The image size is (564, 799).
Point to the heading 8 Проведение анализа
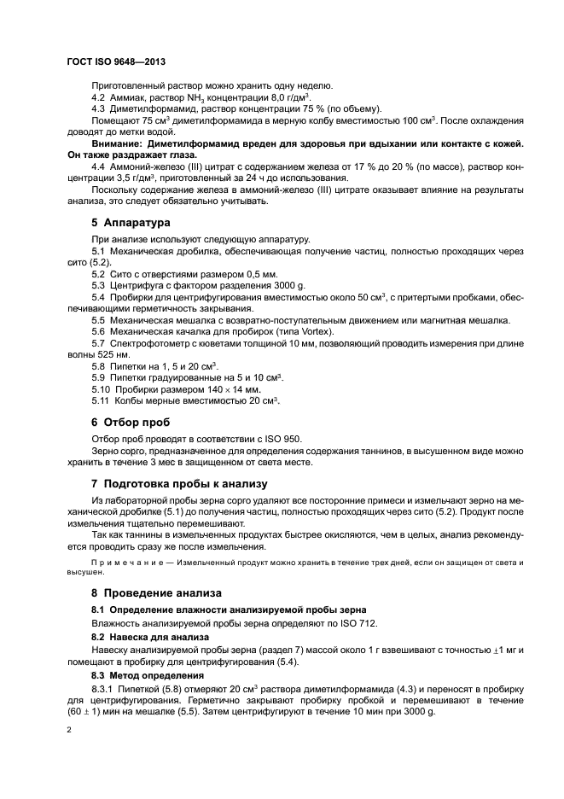[x=156, y=592]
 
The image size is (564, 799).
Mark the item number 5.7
[x=98, y=342]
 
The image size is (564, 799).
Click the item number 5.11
[x=100, y=400]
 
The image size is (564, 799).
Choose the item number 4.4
[x=98, y=166]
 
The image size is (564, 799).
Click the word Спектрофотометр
[x=152, y=342]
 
